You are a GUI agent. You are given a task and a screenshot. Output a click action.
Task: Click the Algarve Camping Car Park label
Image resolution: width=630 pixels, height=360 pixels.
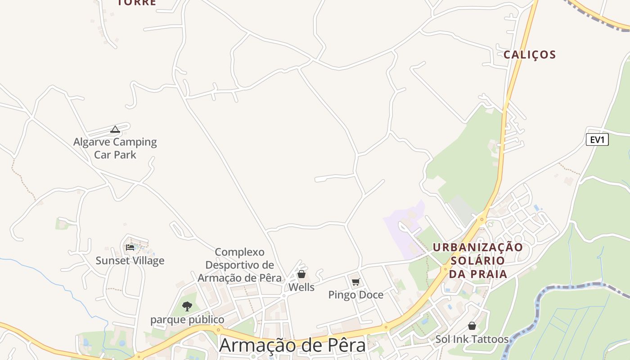(x=115, y=148)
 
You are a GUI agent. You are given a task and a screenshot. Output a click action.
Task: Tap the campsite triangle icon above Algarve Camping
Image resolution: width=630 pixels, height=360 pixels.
(x=115, y=130)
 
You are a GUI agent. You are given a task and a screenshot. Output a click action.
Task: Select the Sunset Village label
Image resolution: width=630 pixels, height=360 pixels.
(x=130, y=261)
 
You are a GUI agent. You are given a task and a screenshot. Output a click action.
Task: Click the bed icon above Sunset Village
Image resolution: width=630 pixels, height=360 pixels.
(x=130, y=247)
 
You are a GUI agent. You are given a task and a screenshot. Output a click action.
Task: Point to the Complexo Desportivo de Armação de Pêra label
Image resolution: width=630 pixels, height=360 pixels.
(x=239, y=265)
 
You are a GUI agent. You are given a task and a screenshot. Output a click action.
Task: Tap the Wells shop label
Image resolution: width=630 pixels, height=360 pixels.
(x=301, y=287)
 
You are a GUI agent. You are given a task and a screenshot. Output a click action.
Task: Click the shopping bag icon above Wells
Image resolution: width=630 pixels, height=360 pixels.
(x=301, y=274)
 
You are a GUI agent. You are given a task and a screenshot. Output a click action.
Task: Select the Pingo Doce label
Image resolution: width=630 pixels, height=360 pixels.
(x=355, y=295)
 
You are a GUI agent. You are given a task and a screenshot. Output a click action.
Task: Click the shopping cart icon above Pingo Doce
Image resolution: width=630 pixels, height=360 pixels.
(x=355, y=282)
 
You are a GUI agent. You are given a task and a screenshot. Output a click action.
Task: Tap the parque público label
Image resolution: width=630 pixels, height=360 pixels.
(x=187, y=319)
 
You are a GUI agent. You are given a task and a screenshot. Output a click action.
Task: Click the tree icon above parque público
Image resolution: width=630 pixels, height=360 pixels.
(x=187, y=306)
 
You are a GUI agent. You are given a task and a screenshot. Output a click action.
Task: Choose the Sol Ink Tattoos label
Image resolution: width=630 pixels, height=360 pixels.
(x=472, y=339)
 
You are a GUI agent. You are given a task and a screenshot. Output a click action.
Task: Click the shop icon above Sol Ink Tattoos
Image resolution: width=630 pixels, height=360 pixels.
(x=472, y=326)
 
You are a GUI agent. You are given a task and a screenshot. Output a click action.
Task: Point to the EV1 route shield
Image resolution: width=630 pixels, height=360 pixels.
(x=597, y=139)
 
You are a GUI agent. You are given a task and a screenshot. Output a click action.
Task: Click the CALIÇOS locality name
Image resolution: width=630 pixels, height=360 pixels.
(x=530, y=55)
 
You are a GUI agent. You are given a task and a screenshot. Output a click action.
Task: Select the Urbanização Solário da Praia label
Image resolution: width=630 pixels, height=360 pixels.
(x=478, y=261)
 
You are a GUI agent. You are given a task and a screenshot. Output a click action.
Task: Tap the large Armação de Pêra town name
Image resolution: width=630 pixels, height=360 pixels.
(x=292, y=346)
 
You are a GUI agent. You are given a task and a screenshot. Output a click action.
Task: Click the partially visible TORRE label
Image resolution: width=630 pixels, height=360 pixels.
(x=136, y=3)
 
